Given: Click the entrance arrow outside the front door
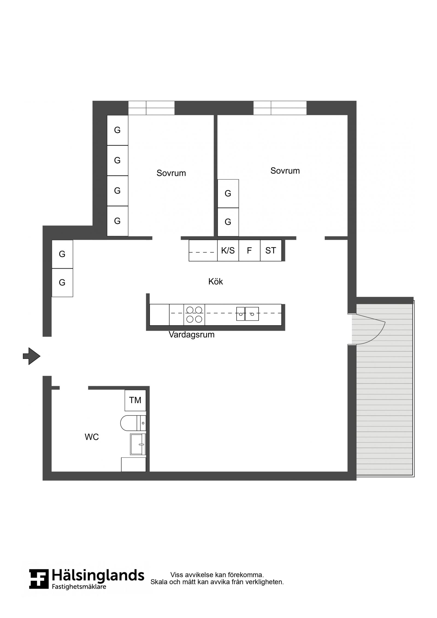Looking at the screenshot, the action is (32, 356).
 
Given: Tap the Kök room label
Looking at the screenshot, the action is (215, 282).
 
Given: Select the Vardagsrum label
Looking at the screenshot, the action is (191, 335).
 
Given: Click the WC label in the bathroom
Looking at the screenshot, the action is (91, 437).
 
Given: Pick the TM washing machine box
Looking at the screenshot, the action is (135, 400).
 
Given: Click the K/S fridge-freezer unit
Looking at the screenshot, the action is (228, 250).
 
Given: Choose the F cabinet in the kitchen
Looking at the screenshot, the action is (249, 250).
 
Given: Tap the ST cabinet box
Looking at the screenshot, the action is (271, 250).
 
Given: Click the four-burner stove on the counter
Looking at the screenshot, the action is (194, 315).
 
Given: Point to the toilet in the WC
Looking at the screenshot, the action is (133, 423).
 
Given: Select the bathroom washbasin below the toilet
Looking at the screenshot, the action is (138, 444).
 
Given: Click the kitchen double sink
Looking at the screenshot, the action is (247, 314).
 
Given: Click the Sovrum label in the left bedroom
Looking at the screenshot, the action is (171, 173).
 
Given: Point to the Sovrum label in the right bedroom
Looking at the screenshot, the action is (285, 171).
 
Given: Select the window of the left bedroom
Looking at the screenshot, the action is (151, 108).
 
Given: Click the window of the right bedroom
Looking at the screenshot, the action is (280, 108).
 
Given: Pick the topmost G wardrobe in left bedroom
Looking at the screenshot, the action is (117, 130).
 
